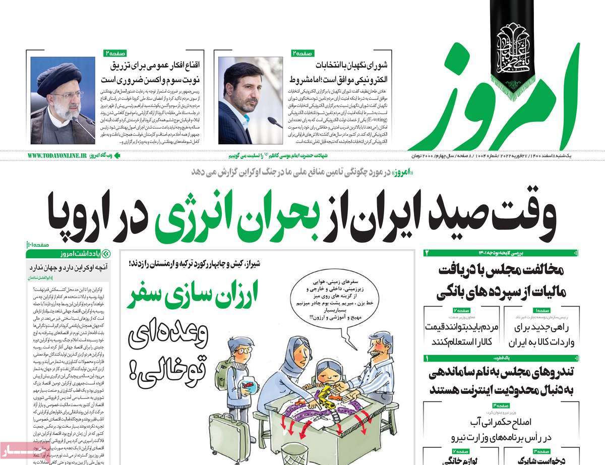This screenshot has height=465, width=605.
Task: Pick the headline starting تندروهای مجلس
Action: click(501, 382)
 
